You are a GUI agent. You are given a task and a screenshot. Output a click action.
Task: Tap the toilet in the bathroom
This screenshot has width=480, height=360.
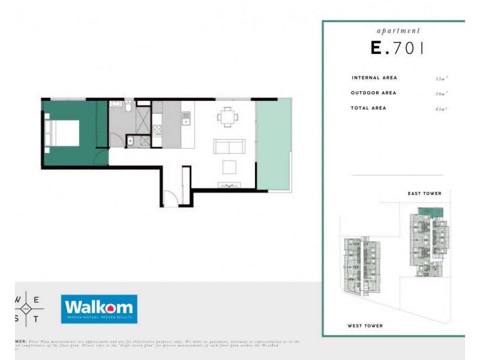point(128,107)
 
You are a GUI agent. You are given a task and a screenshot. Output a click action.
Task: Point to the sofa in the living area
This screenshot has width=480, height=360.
point(229,146)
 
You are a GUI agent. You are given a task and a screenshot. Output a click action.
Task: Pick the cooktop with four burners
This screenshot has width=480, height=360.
point(158,128)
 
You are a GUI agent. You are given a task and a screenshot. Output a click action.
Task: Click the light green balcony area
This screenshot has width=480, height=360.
point(274,144)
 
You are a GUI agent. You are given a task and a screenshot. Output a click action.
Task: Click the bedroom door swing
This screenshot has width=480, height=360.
point(100,158)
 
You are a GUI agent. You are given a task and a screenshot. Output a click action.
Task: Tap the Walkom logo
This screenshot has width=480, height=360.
point(99,308)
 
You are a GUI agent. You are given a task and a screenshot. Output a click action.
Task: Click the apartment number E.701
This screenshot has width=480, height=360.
point(398,49)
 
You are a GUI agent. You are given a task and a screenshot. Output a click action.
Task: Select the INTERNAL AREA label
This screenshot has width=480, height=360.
point(374,78)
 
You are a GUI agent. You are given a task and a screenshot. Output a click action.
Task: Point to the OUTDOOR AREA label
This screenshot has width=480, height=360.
point(373,93)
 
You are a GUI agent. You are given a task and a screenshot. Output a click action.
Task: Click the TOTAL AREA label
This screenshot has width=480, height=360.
point(368,108)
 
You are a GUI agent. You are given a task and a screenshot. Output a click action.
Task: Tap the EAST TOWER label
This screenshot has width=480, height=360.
point(424,194)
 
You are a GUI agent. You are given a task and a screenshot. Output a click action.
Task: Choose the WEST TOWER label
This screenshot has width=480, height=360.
point(365,326)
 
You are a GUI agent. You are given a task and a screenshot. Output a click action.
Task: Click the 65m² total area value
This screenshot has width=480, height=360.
point(442,109)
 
